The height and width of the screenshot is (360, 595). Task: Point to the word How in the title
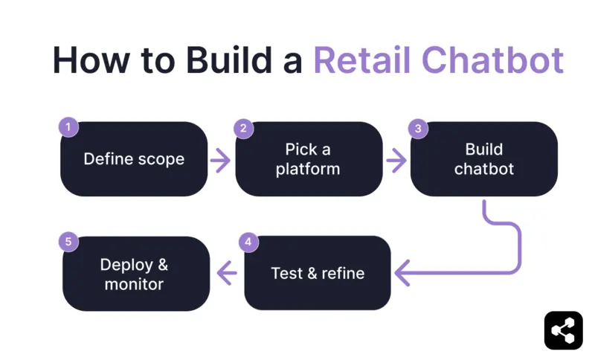[x=88, y=60]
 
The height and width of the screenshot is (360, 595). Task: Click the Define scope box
[x=134, y=159]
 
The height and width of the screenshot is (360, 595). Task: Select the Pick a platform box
[x=308, y=159]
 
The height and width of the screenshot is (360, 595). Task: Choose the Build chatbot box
[x=483, y=159]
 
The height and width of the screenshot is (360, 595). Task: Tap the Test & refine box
[x=318, y=273]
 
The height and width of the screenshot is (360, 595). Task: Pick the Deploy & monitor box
[x=135, y=273]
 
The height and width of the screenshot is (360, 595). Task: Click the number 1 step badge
[x=68, y=127]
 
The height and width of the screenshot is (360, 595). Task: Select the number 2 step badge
[x=243, y=128]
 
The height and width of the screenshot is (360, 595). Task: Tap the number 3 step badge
[x=418, y=128]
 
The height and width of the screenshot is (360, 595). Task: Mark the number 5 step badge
[x=68, y=242]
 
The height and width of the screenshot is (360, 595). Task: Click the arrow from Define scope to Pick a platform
[x=220, y=160]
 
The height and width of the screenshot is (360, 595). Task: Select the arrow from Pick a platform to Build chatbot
[x=396, y=160]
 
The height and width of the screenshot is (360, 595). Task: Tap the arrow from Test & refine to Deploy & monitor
[x=227, y=274]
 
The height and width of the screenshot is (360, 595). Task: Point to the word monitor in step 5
[x=134, y=284]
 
